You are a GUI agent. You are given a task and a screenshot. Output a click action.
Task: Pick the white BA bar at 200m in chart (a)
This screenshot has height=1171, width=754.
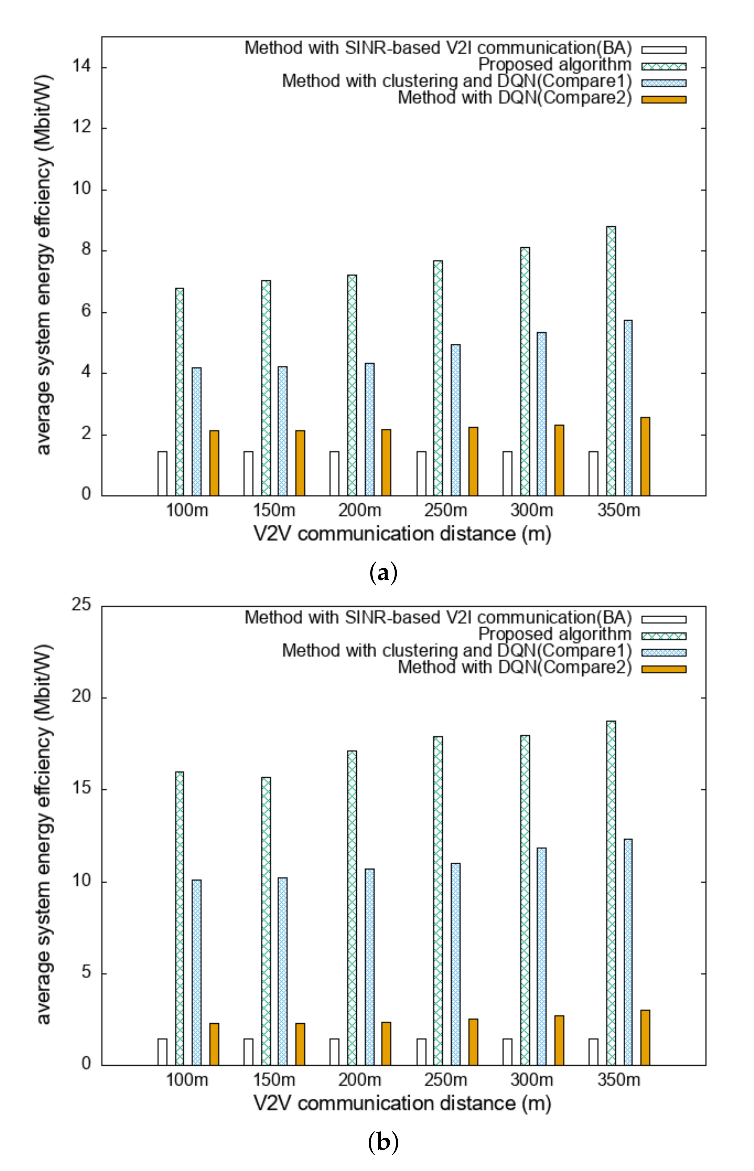point(334,473)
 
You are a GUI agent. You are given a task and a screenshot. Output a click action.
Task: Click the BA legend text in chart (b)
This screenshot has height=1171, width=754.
point(438,618)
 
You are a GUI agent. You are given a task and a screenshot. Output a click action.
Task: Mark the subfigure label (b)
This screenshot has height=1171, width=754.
point(383,1142)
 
